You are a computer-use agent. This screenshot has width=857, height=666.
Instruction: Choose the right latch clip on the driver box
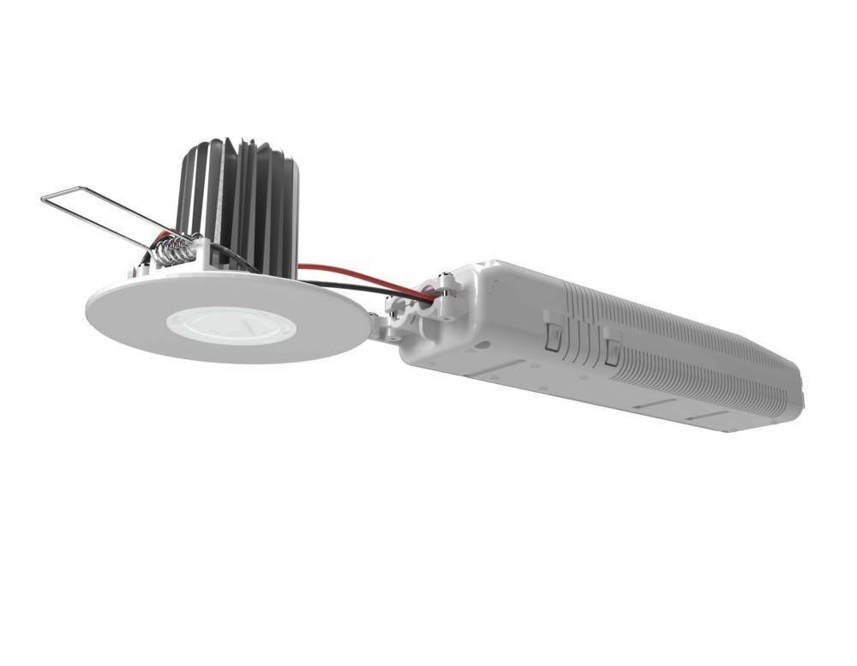click(611, 351)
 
